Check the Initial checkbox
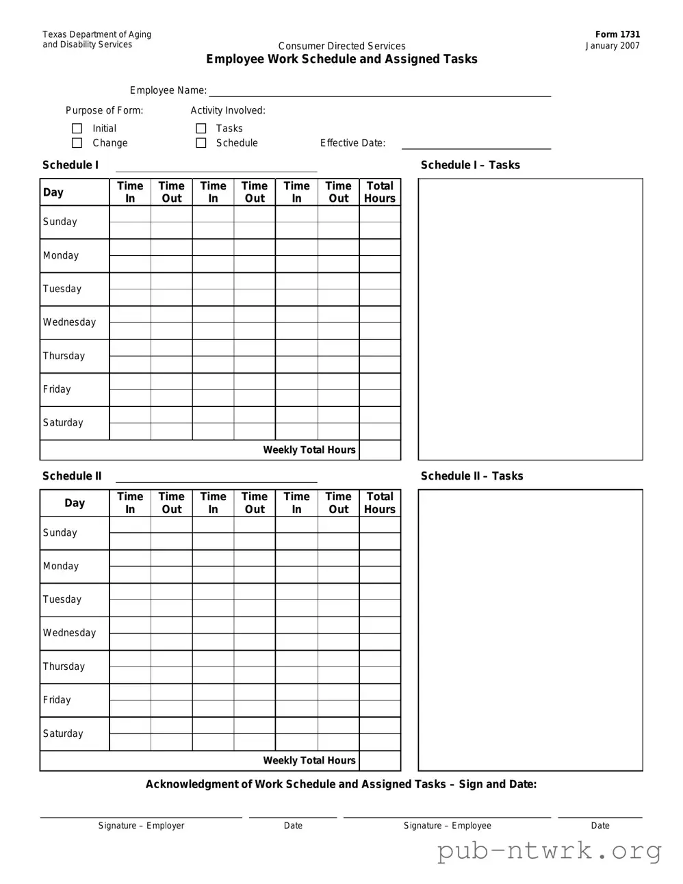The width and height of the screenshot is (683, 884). click(x=77, y=129)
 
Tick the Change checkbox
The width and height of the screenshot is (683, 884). click(x=77, y=143)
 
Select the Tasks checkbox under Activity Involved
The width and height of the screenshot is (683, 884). click(x=201, y=129)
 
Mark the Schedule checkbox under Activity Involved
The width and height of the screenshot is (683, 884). click(x=201, y=143)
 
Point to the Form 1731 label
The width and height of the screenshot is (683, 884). click(x=617, y=34)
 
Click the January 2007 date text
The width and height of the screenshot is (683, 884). click(x=613, y=46)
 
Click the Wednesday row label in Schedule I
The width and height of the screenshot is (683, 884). click(x=69, y=322)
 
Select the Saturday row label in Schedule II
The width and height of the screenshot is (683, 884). click(x=63, y=733)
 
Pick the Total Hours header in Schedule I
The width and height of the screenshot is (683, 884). click(x=380, y=192)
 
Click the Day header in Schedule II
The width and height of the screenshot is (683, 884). click(x=75, y=503)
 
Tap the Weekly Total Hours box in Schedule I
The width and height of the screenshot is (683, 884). click(x=380, y=450)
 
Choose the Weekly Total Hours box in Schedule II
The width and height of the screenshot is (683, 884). click(x=380, y=761)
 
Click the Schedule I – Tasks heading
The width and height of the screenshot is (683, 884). click(x=470, y=165)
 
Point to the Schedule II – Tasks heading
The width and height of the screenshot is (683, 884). click(x=472, y=476)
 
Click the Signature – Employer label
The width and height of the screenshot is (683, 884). click(x=141, y=826)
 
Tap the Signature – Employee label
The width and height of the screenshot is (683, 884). click(x=447, y=826)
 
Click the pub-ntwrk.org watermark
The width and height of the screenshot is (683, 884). click(x=550, y=851)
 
